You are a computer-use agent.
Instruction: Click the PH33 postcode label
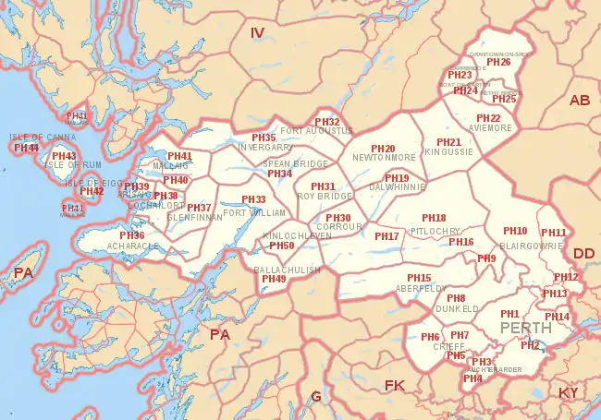click(253, 199)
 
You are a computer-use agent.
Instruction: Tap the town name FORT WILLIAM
click(255, 212)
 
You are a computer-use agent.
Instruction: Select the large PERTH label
click(525, 328)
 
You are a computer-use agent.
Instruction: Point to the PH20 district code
click(383, 149)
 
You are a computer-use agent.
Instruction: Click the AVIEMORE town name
click(489, 128)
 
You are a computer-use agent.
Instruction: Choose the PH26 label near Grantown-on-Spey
click(498, 62)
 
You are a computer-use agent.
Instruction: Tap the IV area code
click(258, 33)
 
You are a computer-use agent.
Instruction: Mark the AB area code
click(580, 100)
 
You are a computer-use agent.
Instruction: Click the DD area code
click(584, 253)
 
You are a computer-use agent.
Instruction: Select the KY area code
click(569, 393)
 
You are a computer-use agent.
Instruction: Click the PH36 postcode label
click(131, 235)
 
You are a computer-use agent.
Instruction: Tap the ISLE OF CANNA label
click(42, 138)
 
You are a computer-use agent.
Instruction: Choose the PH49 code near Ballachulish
click(274, 279)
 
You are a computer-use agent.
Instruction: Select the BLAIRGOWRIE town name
click(530, 246)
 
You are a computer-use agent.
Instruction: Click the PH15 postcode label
click(419, 278)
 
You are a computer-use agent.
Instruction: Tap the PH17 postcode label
click(386, 236)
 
